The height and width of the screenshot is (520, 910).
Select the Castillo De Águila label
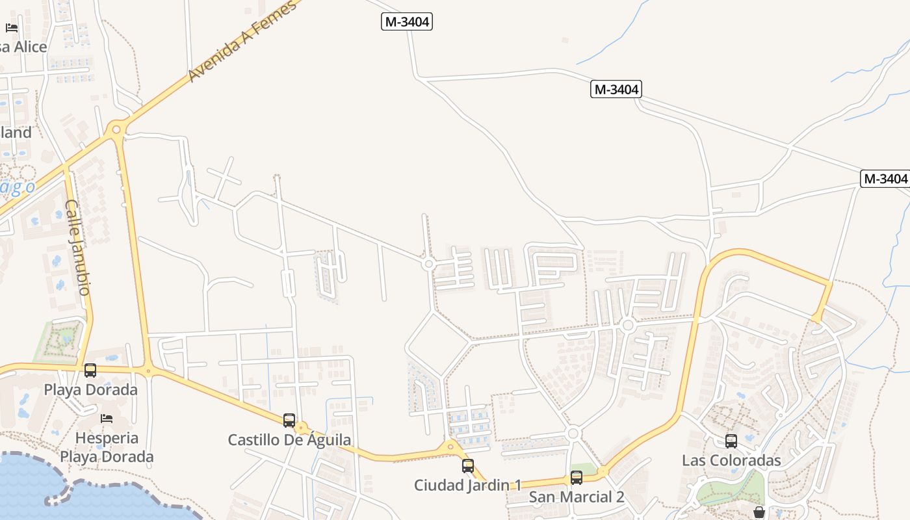(x=289, y=440)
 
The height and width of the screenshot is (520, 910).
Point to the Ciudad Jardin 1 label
(x=468, y=485)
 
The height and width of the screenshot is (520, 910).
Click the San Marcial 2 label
(x=577, y=497)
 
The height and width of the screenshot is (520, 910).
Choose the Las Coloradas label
(x=731, y=461)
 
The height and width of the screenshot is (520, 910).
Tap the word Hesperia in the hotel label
(x=107, y=437)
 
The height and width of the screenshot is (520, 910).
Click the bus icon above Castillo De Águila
(x=289, y=421)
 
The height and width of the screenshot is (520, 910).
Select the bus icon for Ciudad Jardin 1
(x=468, y=466)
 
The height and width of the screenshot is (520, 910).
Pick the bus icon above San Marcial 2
(x=577, y=478)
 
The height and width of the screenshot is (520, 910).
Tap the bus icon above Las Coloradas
(x=731, y=441)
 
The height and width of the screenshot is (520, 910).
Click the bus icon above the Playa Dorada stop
(x=90, y=370)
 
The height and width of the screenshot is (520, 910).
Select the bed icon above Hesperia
(x=107, y=418)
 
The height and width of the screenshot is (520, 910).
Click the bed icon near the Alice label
(x=12, y=27)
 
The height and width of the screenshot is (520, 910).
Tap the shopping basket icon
(x=759, y=513)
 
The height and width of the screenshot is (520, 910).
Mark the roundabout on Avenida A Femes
(x=116, y=129)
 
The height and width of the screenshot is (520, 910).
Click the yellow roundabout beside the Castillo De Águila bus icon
(x=301, y=428)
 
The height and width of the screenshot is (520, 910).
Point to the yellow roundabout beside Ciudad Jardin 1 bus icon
(x=450, y=448)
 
